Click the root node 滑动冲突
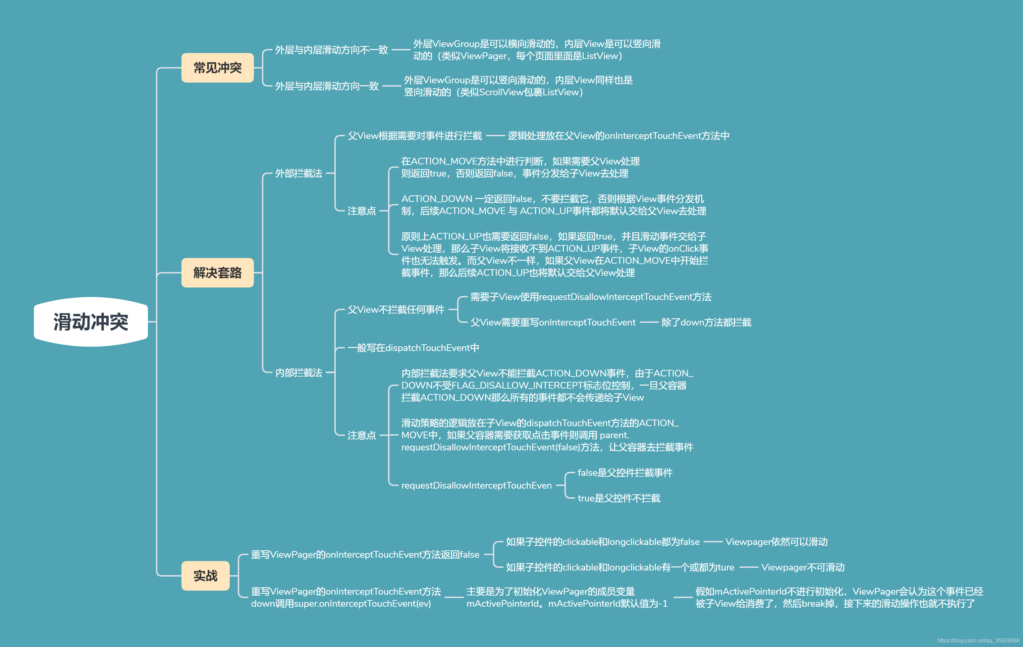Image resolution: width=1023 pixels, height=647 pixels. click(91, 322)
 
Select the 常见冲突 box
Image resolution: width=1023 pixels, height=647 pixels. click(218, 67)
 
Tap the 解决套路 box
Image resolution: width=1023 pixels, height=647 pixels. click(218, 272)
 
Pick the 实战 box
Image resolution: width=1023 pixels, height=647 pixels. click(206, 576)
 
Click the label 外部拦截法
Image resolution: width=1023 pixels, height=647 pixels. click(299, 173)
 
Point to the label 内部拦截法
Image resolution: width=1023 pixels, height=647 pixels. click(299, 373)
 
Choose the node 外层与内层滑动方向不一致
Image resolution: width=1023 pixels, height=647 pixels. click(331, 50)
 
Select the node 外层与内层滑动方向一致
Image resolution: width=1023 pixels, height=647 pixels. click(327, 86)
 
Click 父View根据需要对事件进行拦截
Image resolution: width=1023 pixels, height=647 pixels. click(415, 136)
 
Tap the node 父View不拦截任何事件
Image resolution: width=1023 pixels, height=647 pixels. click(396, 309)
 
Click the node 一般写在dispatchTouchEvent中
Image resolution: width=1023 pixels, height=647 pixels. click(413, 348)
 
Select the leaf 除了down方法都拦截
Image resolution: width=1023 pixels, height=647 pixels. click(706, 322)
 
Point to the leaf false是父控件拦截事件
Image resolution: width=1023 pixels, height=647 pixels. click(625, 473)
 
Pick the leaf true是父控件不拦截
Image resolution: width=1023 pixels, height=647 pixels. click(619, 498)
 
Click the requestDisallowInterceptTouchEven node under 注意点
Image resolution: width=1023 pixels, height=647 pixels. click(476, 486)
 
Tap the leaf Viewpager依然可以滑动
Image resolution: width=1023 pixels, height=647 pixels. click(776, 542)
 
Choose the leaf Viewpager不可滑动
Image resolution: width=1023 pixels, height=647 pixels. click(803, 567)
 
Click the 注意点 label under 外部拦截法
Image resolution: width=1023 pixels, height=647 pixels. click(362, 211)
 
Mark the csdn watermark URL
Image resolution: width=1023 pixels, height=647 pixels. click(978, 641)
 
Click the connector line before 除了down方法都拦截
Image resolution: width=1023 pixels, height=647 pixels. click(649, 322)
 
